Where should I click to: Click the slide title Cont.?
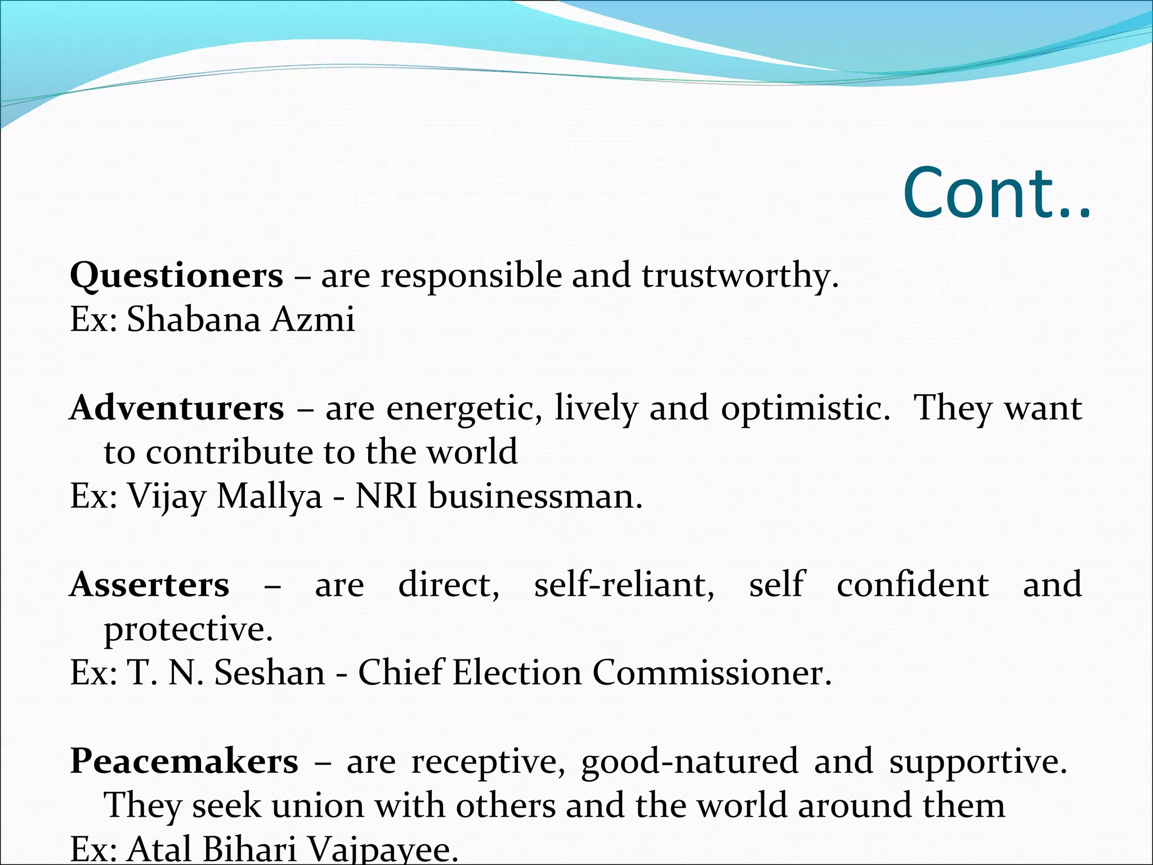click(x=996, y=193)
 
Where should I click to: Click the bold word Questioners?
click(x=176, y=276)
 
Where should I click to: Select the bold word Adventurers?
click(x=177, y=408)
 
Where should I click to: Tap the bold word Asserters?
click(x=150, y=585)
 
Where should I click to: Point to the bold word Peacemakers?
click(x=184, y=761)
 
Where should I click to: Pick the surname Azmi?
click(x=314, y=319)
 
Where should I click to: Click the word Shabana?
click(x=194, y=319)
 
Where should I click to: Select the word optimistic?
click(x=806, y=408)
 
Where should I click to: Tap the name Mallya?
click(x=269, y=497)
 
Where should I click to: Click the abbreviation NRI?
click(x=386, y=497)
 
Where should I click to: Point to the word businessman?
click(x=535, y=497)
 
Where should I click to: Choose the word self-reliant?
click(x=624, y=585)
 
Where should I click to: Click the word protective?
click(x=188, y=629)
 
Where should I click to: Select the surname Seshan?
click(x=270, y=673)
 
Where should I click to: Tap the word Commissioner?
click(x=712, y=673)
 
